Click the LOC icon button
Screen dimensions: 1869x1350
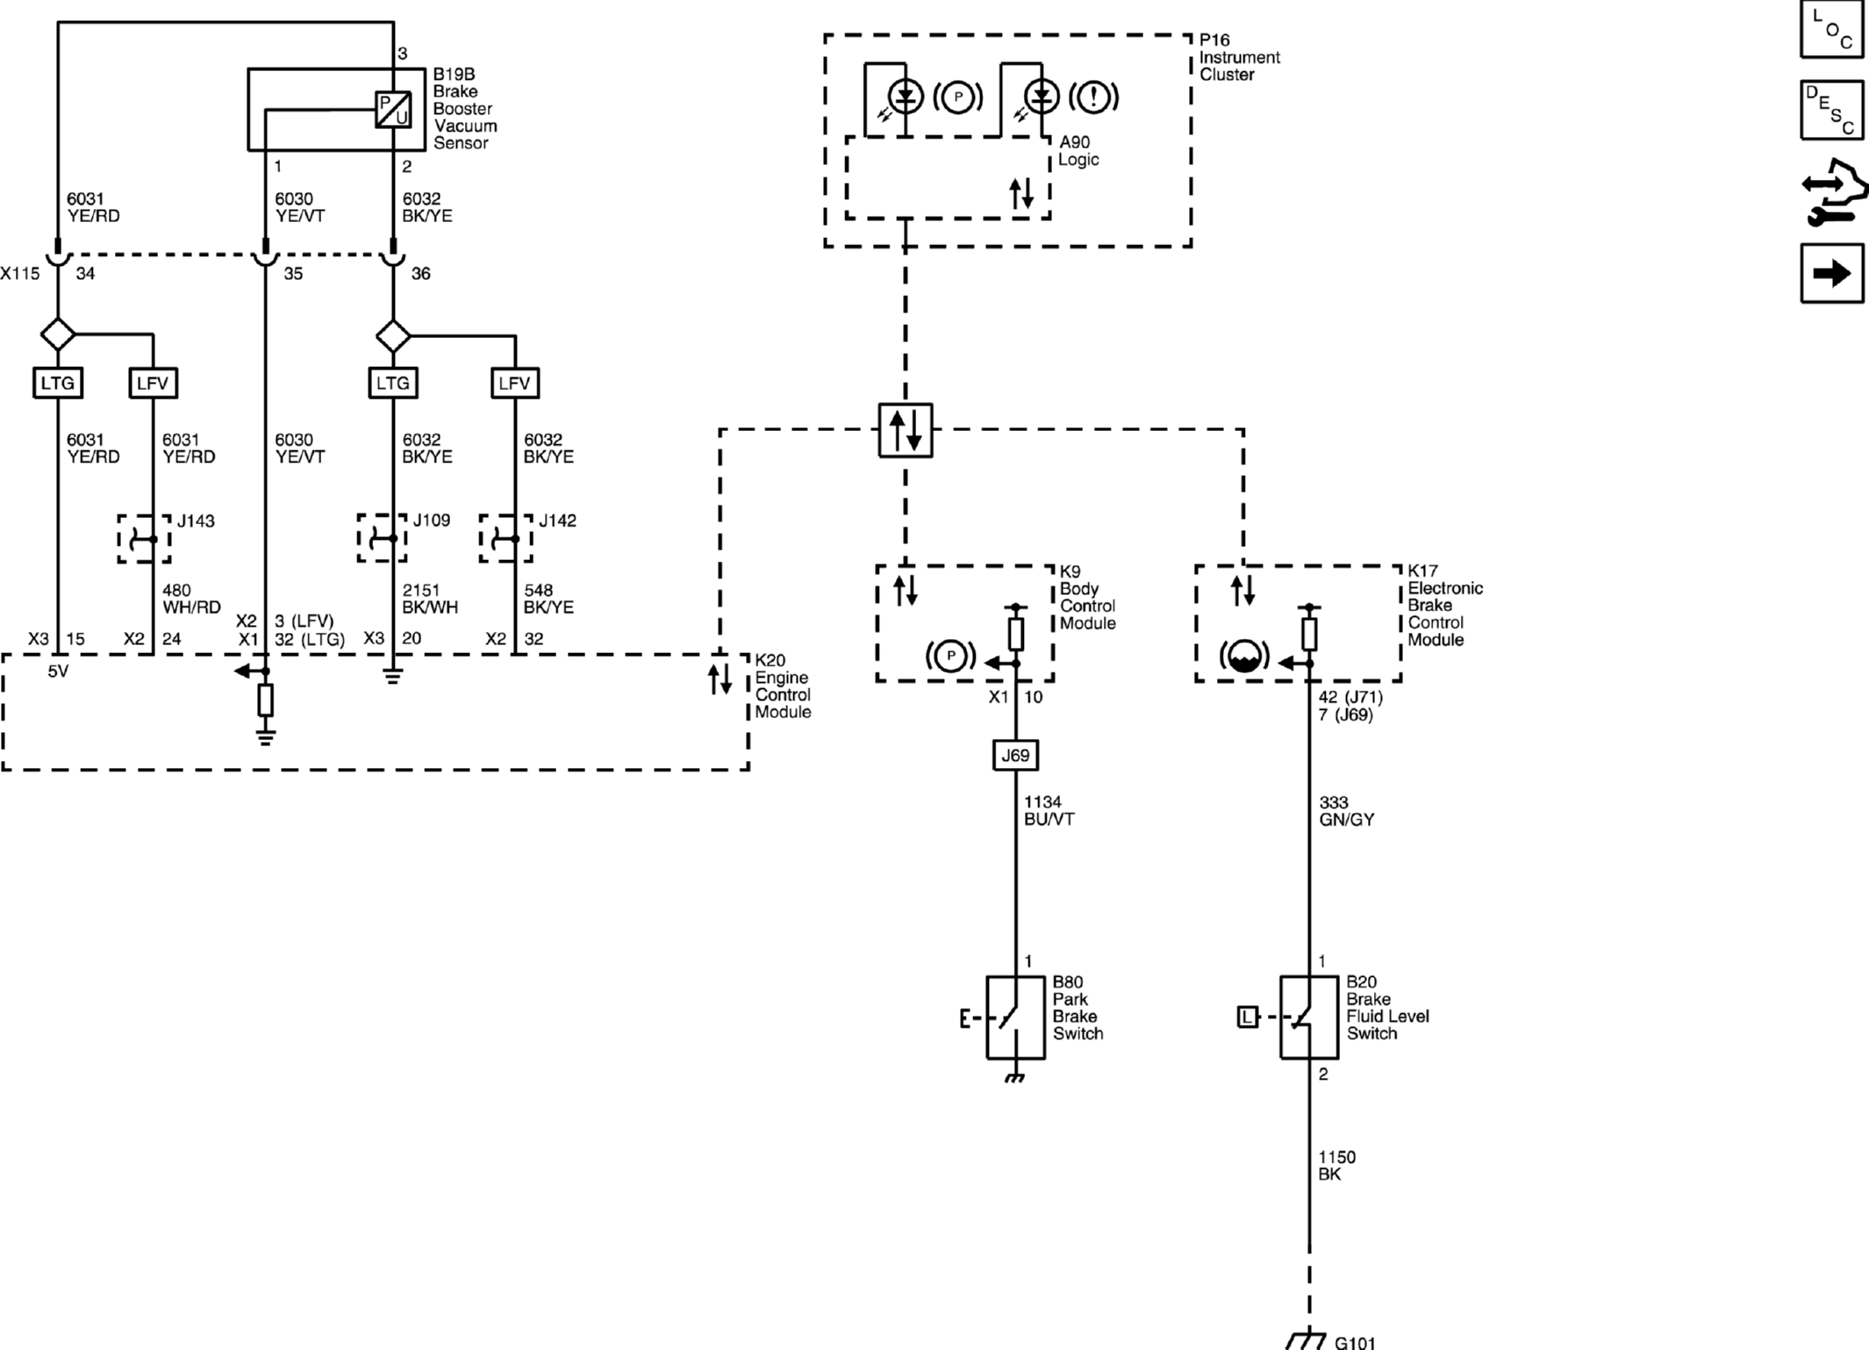(x=1831, y=29)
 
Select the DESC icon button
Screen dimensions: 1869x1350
(x=1831, y=110)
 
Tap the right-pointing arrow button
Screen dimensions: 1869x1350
(x=1831, y=274)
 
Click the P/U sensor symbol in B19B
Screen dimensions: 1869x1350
(x=393, y=110)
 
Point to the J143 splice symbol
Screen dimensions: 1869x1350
(x=145, y=539)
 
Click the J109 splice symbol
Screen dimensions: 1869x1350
(x=383, y=538)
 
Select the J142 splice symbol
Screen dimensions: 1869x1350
(x=505, y=538)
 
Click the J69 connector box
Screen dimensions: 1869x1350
(x=1015, y=755)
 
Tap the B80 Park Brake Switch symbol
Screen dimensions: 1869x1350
(x=1015, y=1018)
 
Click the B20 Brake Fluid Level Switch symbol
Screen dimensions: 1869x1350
(x=1309, y=1018)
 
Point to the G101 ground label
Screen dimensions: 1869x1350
(x=1355, y=1342)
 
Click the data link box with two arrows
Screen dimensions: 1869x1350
(x=906, y=430)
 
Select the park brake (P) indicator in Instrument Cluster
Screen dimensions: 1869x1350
(x=957, y=97)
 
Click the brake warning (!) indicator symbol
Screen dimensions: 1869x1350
(x=1093, y=97)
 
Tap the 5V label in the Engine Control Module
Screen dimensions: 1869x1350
(x=58, y=671)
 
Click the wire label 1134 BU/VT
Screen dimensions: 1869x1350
(x=1049, y=810)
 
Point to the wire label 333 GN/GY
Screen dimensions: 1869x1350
(x=1346, y=811)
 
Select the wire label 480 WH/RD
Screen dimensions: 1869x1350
(x=191, y=599)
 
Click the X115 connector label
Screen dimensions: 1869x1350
(x=20, y=274)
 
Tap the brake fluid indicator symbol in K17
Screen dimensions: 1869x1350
(x=1244, y=656)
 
